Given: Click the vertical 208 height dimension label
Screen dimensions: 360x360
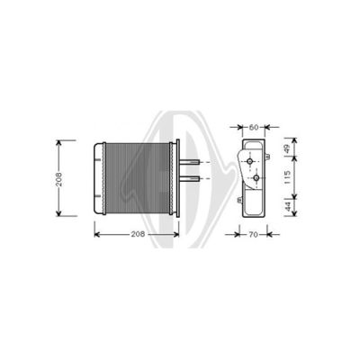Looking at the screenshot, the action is point(58,179).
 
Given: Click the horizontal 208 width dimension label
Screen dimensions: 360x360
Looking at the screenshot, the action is point(138,234).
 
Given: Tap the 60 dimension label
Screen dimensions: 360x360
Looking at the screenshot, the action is point(254,127).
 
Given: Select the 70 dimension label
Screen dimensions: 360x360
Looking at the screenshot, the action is point(254,234).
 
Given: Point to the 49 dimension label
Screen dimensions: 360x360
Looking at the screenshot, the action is point(287,149).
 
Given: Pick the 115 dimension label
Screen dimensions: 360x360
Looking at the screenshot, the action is point(287,177).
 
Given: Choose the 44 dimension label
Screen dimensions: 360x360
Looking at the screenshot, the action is point(288,206).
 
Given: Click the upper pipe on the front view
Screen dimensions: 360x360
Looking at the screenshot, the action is point(190,162).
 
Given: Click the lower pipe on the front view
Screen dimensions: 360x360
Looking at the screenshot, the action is point(190,179).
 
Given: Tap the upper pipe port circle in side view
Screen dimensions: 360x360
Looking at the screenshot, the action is point(249,161).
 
